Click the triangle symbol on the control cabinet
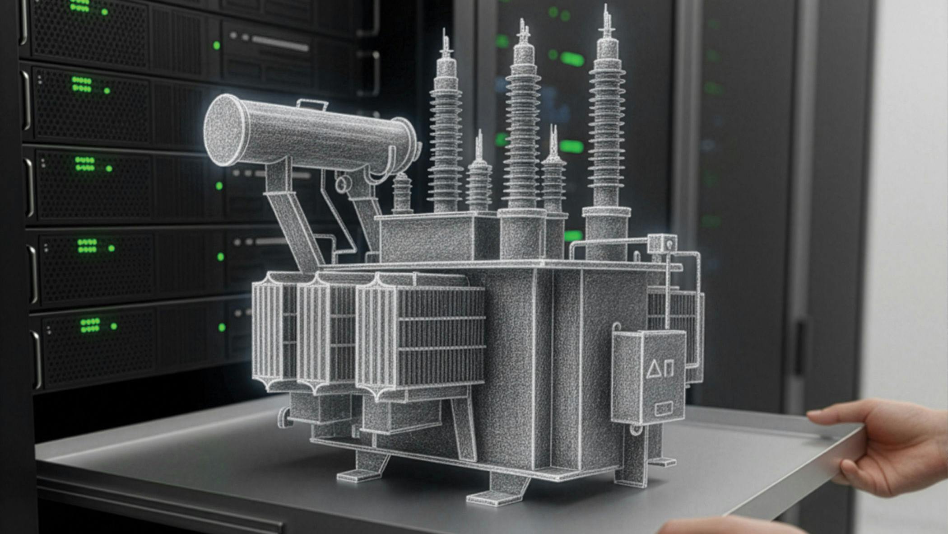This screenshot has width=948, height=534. click(x=653, y=369)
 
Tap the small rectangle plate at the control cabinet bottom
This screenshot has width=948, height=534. click(x=663, y=409)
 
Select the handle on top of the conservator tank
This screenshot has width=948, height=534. click(x=312, y=105)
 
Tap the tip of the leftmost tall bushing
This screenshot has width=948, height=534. click(x=446, y=34)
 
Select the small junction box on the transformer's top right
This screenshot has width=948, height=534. click(x=662, y=244)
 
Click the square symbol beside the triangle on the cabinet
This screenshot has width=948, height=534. click(x=669, y=368)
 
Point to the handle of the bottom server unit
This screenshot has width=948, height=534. click(x=37, y=360)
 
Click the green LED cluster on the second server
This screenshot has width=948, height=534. click(x=82, y=84)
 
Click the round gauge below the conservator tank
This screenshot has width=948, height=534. click(x=343, y=184)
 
